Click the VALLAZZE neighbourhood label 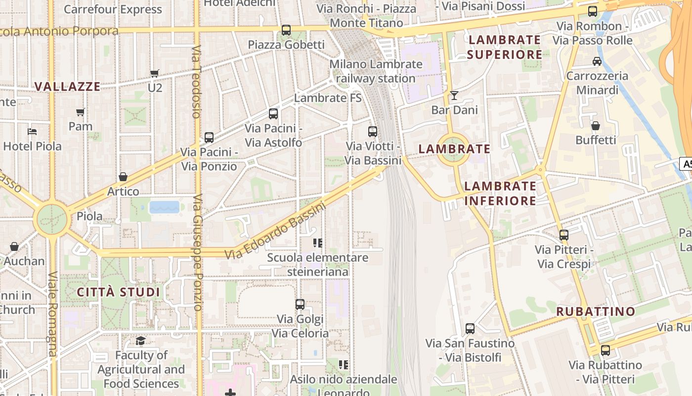tap(67, 87)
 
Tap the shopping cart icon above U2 tap(155, 73)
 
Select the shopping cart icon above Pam tap(80, 112)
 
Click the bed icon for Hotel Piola tap(32, 132)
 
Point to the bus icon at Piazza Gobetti tap(286, 30)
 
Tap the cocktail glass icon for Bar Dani tap(454, 95)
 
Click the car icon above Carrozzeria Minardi tap(597, 61)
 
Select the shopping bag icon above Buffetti tap(595, 126)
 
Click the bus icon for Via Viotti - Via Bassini tap(373, 132)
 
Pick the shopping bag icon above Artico tap(123, 177)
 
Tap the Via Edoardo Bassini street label tap(275, 231)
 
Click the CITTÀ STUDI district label tap(119, 292)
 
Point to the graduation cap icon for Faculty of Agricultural tap(141, 341)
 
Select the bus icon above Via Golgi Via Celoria tap(300, 304)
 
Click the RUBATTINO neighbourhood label tap(596, 311)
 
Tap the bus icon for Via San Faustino tap(470, 329)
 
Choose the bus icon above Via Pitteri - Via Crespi tap(564, 235)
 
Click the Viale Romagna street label tap(53, 314)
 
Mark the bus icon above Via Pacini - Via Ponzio tap(209, 138)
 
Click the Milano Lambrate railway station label tap(376, 71)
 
